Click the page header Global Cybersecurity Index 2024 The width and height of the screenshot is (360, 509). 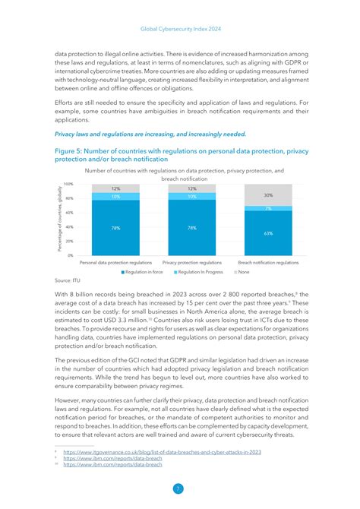click(179, 30)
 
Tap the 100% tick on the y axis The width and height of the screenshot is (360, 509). click(68, 184)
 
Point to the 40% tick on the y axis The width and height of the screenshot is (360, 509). click(69, 227)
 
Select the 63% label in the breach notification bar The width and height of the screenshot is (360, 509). click(268, 233)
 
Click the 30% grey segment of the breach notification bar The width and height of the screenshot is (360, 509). click(268, 195)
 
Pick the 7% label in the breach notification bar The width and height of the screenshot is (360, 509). click(268, 208)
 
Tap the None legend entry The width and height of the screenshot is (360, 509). click(242, 271)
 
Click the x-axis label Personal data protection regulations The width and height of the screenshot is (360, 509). click(116, 262)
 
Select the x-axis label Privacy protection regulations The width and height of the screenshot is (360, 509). click(192, 262)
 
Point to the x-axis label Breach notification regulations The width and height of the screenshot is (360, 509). click(268, 262)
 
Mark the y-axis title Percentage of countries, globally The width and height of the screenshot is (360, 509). click(58, 220)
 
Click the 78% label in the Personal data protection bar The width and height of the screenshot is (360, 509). click(115, 227)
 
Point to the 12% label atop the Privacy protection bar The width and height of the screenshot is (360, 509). click(192, 188)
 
